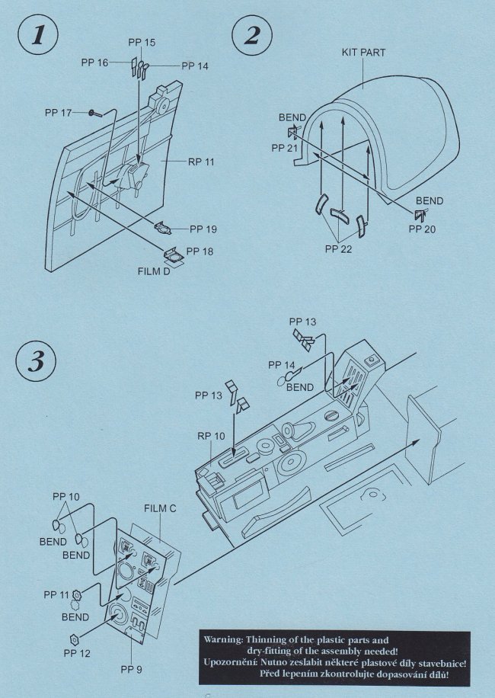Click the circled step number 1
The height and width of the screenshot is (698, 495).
pos(38,35)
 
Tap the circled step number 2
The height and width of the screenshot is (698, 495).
pos(252,35)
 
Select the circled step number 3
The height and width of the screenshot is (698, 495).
pos(36,361)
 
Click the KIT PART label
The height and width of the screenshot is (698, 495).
pos(363,53)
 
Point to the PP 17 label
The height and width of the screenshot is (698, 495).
pos(58,113)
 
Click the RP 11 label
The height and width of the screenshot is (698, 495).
pos(201,162)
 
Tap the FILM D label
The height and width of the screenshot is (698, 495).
pos(153,271)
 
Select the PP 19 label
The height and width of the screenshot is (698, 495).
pos(203,229)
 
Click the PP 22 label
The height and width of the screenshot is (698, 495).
pos(338,249)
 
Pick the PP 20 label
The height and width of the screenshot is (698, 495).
pos(422,229)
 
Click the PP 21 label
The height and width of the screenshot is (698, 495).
pos(285,148)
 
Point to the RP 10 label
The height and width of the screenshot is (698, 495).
pos(211,436)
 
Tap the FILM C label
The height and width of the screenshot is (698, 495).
pos(160,508)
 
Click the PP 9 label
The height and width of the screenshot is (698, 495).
pos(131,670)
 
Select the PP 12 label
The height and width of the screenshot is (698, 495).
pos(77,653)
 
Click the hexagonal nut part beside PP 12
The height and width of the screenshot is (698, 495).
pos(75,639)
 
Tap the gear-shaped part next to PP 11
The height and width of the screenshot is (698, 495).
pos(78,594)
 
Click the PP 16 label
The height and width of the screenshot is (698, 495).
pos(94,62)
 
